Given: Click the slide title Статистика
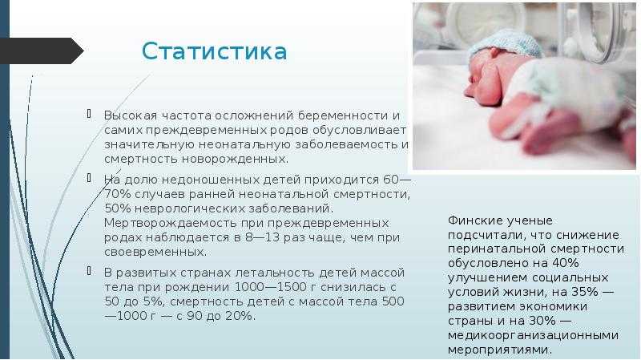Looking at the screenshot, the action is pyautogui.click(x=214, y=51).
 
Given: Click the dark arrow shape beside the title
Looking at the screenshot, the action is pyautogui.click(x=42, y=51).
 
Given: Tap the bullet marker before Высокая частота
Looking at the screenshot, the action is pyautogui.click(x=89, y=114).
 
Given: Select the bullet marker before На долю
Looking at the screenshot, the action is pyautogui.click(x=89, y=178).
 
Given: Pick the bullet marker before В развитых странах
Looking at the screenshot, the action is pyautogui.click(x=89, y=271).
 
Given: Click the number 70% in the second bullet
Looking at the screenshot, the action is pyautogui.click(x=118, y=194).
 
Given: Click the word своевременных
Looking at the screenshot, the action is pyautogui.click(x=155, y=252).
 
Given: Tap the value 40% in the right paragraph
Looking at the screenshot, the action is pyautogui.click(x=566, y=263).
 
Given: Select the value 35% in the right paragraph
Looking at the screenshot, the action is pyautogui.click(x=585, y=292).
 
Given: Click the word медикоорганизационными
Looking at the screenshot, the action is pyautogui.click(x=533, y=336).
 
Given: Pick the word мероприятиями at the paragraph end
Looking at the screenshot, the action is pyautogui.click(x=500, y=350).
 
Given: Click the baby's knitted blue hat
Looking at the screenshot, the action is pyautogui.click(x=505, y=45).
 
